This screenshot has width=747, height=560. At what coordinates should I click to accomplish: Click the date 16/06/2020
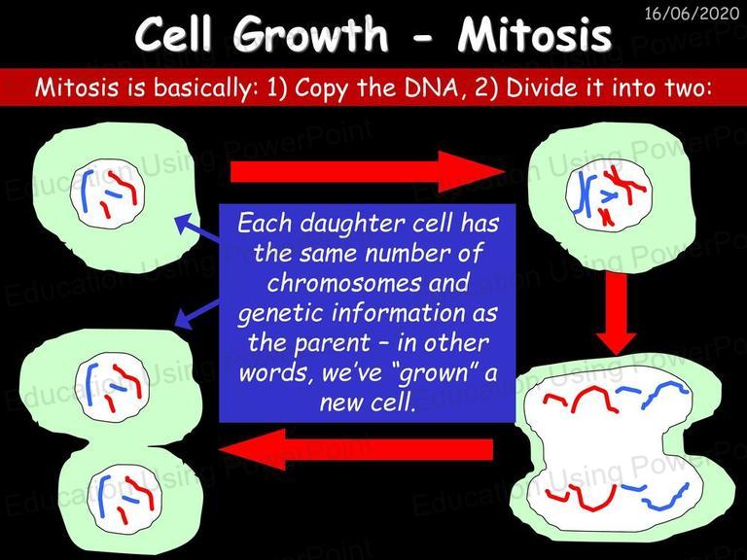click(692, 13)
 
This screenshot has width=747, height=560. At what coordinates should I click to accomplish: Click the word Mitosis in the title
click(535, 35)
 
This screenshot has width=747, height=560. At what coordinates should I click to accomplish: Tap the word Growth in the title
click(310, 35)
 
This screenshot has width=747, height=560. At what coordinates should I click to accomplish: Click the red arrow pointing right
click(368, 172)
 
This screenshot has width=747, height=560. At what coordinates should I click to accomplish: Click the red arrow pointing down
click(616, 313)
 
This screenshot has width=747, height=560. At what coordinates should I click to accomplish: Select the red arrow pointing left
click(356, 449)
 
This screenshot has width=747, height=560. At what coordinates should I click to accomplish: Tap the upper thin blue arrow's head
click(183, 223)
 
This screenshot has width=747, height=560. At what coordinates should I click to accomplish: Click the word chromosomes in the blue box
click(344, 283)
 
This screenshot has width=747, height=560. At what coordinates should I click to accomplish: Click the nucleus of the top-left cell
click(108, 193)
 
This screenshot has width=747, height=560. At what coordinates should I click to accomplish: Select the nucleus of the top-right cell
click(608, 193)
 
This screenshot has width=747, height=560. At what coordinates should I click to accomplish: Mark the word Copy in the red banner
click(321, 88)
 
